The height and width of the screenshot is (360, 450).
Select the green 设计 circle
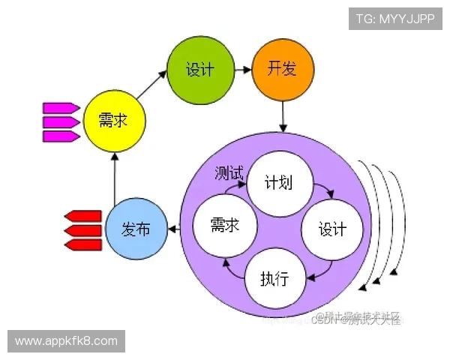[199, 70]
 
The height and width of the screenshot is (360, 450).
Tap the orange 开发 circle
[282, 70]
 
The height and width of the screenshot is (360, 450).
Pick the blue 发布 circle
[135, 228]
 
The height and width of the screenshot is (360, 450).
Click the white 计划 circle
[278, 182]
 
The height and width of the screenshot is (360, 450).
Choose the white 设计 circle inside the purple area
[332, 228]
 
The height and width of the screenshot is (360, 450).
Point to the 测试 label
[229, 173]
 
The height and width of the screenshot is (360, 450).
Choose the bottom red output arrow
[82, 244]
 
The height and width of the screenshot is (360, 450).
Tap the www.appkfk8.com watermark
[66, 341]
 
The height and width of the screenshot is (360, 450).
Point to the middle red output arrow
[82, 230]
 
